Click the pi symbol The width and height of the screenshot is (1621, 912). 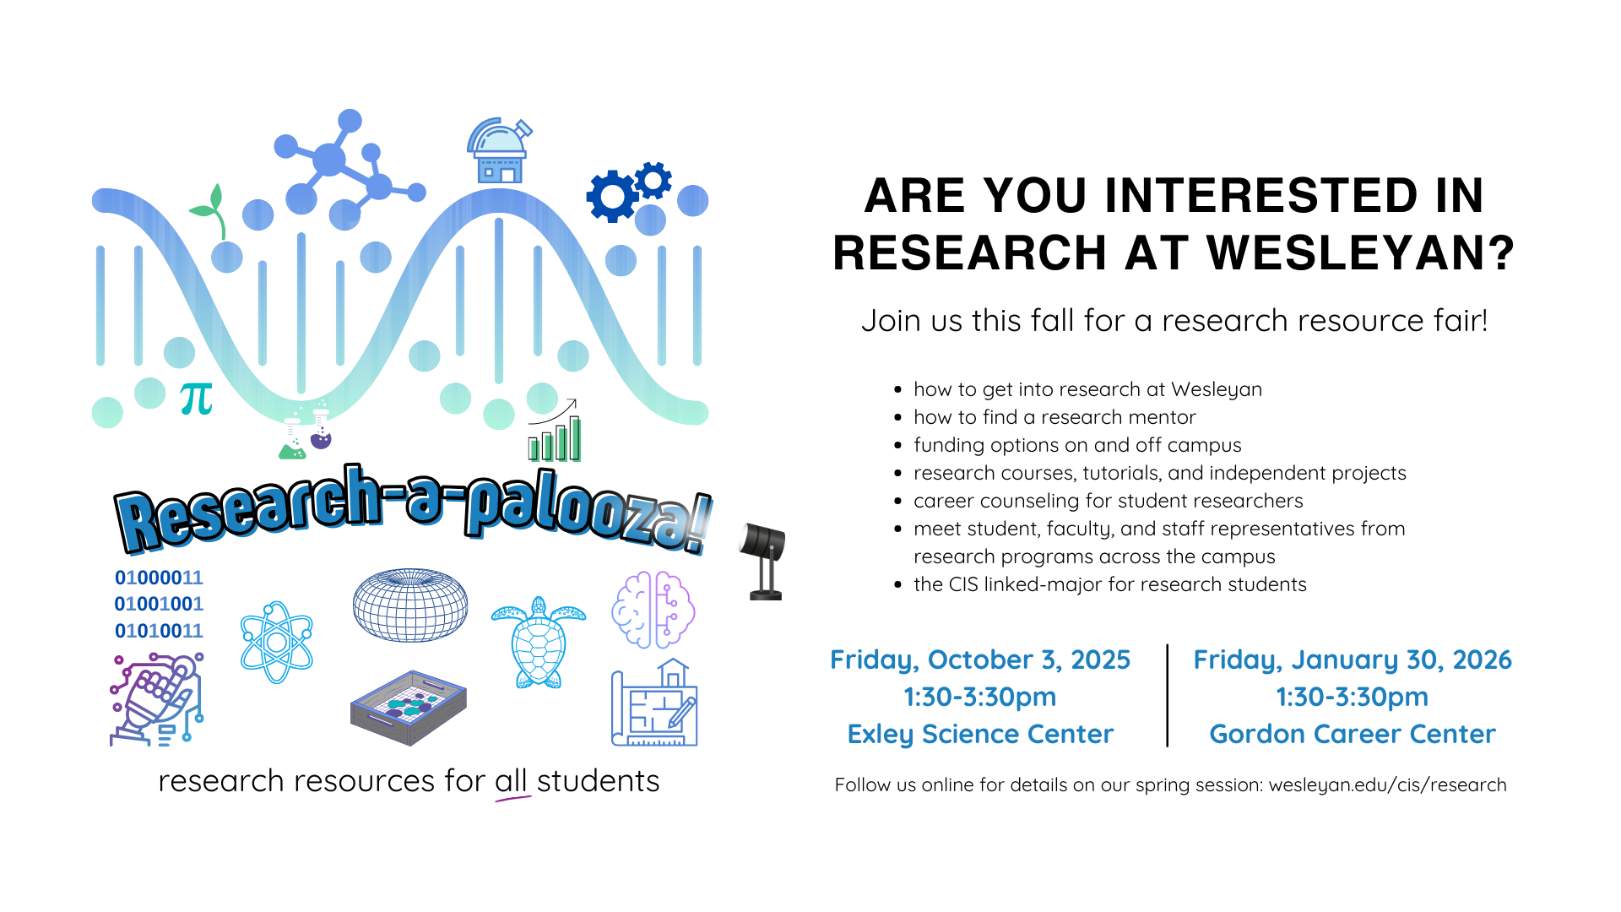coord(197,399)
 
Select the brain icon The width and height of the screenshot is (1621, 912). coord(653,609)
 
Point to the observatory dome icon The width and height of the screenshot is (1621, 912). coord(499,151)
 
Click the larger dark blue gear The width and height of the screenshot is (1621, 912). coord(612,196)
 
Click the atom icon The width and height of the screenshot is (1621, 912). coord(277,643)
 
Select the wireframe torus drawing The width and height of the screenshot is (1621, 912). coord(410,605)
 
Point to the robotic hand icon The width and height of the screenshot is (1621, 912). coord(157,699)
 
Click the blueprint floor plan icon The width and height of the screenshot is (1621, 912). coord(654,703)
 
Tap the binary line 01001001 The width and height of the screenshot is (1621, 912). coord(159,605)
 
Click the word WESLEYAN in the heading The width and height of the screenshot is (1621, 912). coord(1361,252)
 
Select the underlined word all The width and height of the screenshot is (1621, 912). coord(511,781)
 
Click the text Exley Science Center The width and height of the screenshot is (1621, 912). coord(980,734)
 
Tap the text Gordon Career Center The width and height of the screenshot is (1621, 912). coord(1353,734)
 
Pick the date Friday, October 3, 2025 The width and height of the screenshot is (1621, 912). coord(980,660)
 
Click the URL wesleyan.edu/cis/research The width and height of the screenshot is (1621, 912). coord(1387,785)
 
